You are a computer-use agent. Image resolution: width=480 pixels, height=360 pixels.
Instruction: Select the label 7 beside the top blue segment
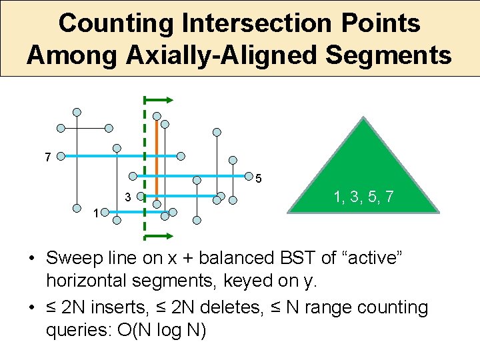(x=47, y=158)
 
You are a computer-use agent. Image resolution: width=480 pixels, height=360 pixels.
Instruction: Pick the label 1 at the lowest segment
(x=97, y=213)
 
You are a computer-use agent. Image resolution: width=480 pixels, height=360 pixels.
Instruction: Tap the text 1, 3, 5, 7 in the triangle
(x=363, y=197)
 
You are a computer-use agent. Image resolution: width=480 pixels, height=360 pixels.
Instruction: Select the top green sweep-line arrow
(x=159, y=100)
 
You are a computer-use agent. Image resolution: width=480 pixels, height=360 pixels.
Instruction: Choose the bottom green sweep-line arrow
(x=159, y=236)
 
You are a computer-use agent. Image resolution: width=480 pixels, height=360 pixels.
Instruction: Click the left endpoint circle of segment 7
(x=60, y=158)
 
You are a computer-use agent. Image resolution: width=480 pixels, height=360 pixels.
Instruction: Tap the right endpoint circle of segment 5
(x=246, y=177)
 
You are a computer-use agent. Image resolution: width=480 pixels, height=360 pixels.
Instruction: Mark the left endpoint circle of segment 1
(x=114, y=218)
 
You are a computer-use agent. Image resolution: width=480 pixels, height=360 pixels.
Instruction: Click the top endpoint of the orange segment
(x=156, y=115)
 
